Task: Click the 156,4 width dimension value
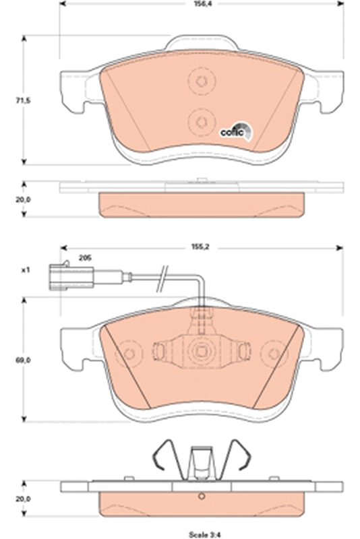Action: tap(201, 4)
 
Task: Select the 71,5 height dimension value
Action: tap(23, 100)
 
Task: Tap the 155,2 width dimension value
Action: tap(201, 247)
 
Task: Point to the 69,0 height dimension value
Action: tap(23, 360)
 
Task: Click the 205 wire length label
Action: tap(85, 258)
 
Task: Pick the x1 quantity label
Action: tap(26, 271)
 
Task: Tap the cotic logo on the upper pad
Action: tap(236, 132)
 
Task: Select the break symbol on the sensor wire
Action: tap(162, 278)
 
